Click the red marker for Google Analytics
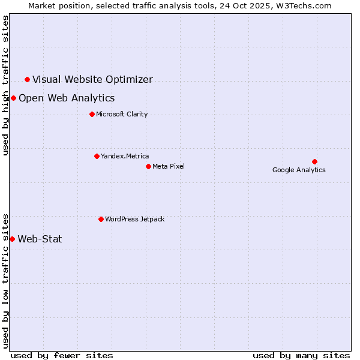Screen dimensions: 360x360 click(314, 161)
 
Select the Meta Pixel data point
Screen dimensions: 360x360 click(148, 166)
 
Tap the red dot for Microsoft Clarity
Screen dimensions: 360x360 click(92, 114)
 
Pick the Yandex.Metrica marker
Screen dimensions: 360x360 click(97, 156)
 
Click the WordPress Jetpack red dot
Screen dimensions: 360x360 click(101, 219)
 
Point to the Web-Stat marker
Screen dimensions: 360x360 click(12, 239)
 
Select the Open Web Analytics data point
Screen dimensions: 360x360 click(13, 98)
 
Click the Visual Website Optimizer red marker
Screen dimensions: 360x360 click(27, 79)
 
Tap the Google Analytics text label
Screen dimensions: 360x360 click(299, 170)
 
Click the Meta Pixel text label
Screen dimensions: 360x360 click(169, 166)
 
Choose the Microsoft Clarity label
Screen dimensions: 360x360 click(122, 114)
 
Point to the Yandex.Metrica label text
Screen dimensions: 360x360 click(125, 156)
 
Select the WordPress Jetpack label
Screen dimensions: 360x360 click(134, 219)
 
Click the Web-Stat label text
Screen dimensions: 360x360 click(40, 239)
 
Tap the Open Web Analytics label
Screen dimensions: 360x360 click(67, 98)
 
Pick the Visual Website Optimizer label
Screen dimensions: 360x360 click(92, 79)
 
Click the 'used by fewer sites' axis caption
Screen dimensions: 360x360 click(62, 355)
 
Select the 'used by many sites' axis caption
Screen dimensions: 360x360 click(301, 355)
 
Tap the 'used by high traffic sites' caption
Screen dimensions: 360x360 click(5, 85)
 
